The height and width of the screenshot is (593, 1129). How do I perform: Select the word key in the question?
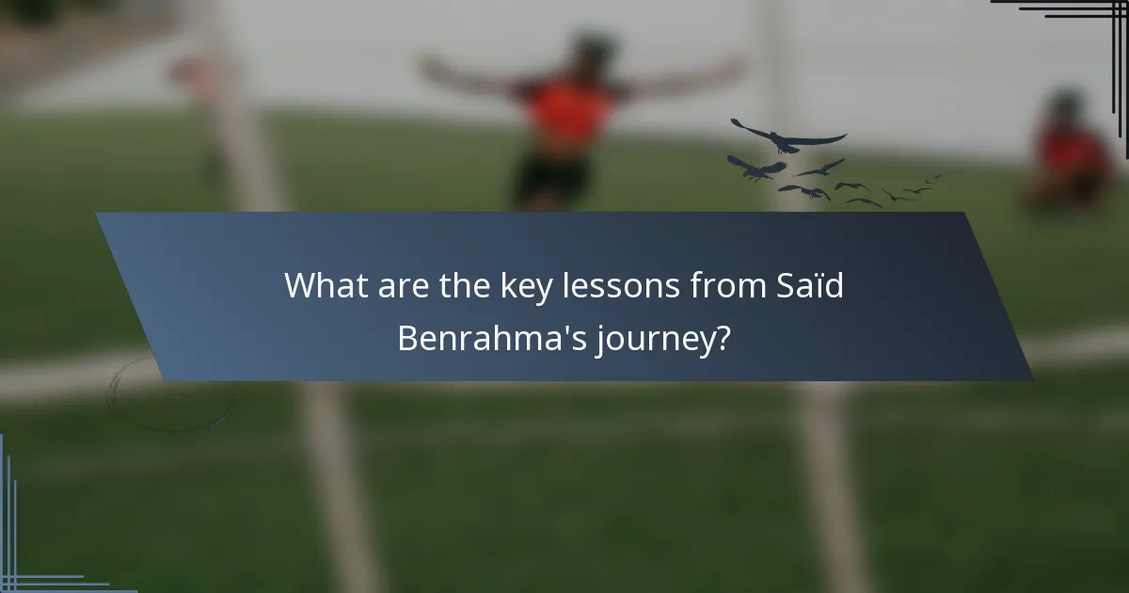point(528,286)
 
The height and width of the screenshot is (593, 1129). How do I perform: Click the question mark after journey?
point(722,337)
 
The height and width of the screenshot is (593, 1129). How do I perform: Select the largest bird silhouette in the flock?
point(788,137)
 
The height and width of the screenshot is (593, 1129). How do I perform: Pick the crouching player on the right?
point(1071,151)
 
